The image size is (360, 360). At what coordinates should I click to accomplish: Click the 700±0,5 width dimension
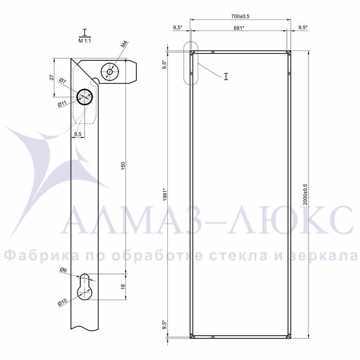pos(240,16)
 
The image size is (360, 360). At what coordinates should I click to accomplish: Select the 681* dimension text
pos(239,28)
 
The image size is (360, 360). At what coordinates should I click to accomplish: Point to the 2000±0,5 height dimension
pos(305,194)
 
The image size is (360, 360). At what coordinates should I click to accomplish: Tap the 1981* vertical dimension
pos(166,195)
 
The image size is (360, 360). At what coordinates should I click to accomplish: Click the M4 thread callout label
pos(125,44)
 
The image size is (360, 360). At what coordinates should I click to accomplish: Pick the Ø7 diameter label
pos(63,81)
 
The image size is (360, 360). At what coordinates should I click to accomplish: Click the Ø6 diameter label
pos(63,270)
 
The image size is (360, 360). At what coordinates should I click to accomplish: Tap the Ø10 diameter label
pos(62,302)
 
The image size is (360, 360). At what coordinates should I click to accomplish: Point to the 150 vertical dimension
pos(124,166)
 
